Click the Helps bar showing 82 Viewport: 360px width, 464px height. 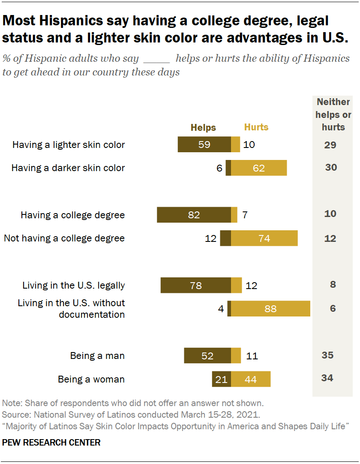tap(194, 214)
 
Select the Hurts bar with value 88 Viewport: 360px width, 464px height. tap(270, 308)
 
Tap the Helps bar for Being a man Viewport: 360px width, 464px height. tap(207, 356)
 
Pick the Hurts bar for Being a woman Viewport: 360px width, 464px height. tap(251, 379)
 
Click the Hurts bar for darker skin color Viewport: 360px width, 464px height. tap(259, 168)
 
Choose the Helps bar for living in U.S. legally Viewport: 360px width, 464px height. tap(195, 285)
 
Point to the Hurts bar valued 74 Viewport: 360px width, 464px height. tap(264, 238)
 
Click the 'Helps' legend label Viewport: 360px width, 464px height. tap(203, 127)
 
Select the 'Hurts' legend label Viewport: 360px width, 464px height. tap(256, 127)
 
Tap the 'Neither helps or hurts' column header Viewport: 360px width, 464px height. tap(333, 114)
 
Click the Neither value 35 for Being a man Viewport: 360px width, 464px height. tap(327, 355)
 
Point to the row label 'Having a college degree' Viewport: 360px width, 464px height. tap(73, 215)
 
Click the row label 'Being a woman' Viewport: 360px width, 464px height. tap(91, 379)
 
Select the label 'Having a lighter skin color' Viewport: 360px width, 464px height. tap(69, 145)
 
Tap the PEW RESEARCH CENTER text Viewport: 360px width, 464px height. tap(51, 443)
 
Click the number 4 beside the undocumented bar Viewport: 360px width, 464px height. tap(221, 309)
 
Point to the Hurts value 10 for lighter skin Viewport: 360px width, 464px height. tap(249, 145)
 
